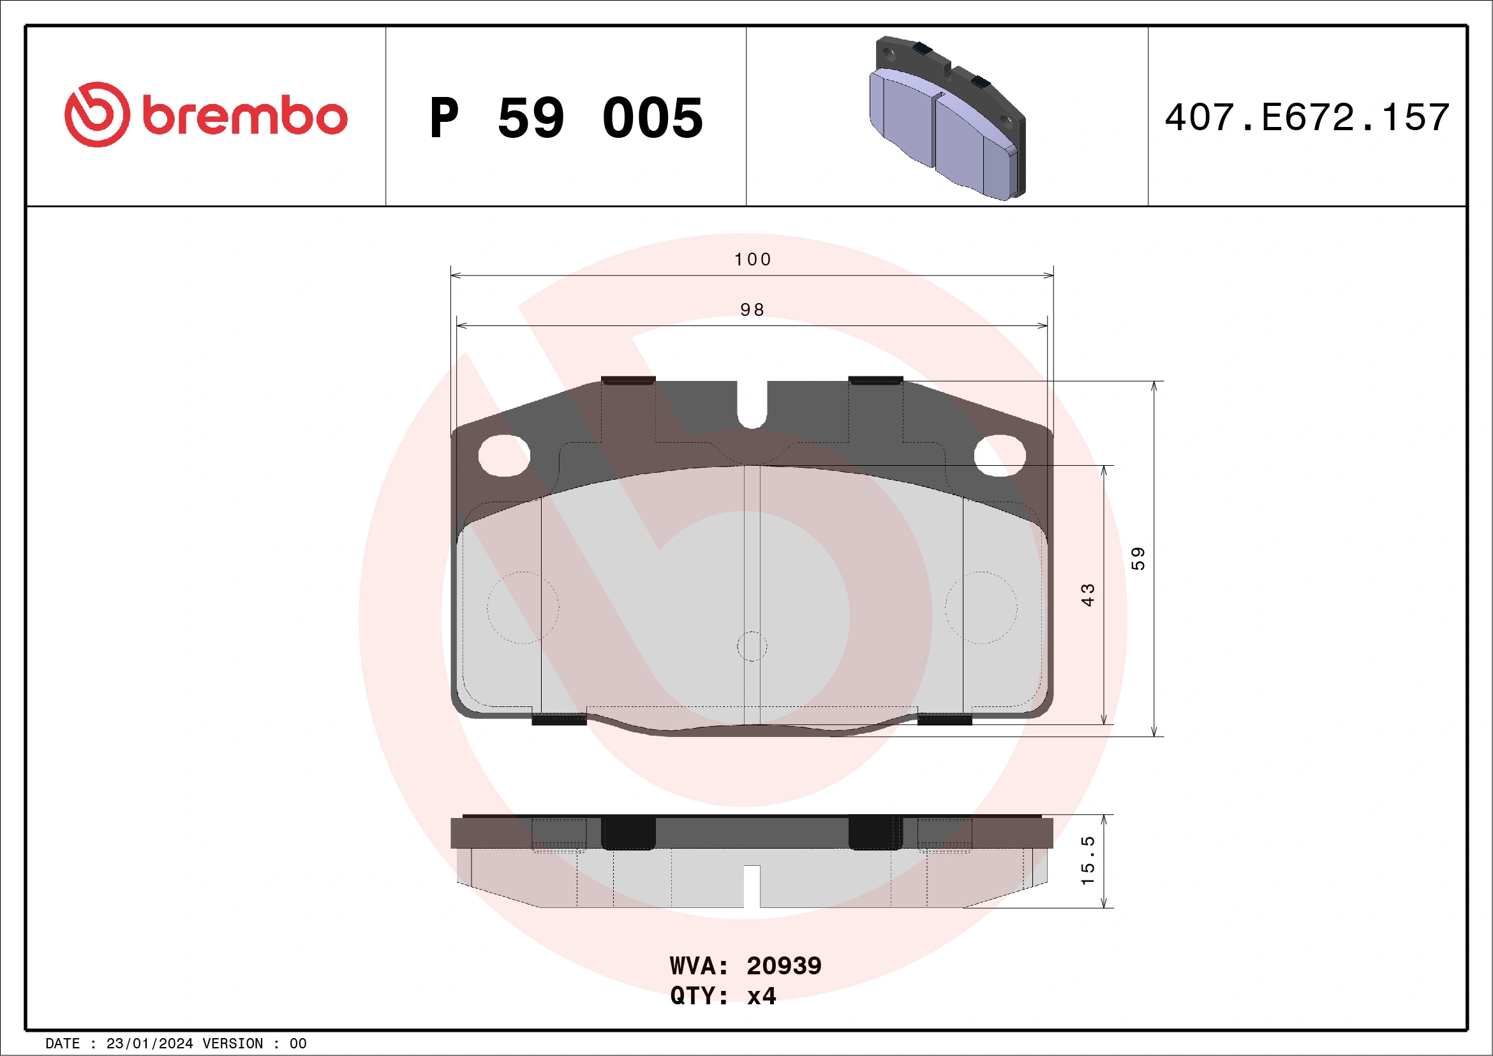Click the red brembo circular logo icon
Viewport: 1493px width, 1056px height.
(x=97, y=114)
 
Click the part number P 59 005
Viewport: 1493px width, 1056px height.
(x=566, y=118)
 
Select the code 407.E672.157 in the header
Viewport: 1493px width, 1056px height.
(x=1307, y=117)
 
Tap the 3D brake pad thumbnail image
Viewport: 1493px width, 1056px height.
(x=947, y=117)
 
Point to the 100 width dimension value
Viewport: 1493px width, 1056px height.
(x=752, y=260)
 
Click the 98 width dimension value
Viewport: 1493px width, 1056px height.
(x=752, y=309)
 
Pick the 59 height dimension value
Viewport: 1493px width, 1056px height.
(x=1138, y=558)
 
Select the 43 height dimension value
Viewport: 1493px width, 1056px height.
(x=1087, y=595)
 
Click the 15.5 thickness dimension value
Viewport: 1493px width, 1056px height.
(x=1087, y=860)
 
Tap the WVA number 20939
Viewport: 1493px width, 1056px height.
(x=784, y=965)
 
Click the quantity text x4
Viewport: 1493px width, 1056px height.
(x=761, y=995)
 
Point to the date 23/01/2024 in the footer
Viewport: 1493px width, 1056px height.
(x=149, y=1044)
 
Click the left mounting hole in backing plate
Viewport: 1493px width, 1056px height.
(x=504, y=455)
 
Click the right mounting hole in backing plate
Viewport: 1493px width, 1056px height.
(x=999, y=455)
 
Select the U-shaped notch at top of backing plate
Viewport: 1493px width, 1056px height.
(x=752, y=406)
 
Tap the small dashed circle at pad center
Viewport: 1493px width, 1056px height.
(x=752, y=646)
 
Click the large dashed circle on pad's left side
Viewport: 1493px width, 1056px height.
(x=523, y=607)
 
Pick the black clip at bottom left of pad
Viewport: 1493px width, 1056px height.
(x=559, y=719)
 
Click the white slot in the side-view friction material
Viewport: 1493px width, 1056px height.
(x=752, y=886)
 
